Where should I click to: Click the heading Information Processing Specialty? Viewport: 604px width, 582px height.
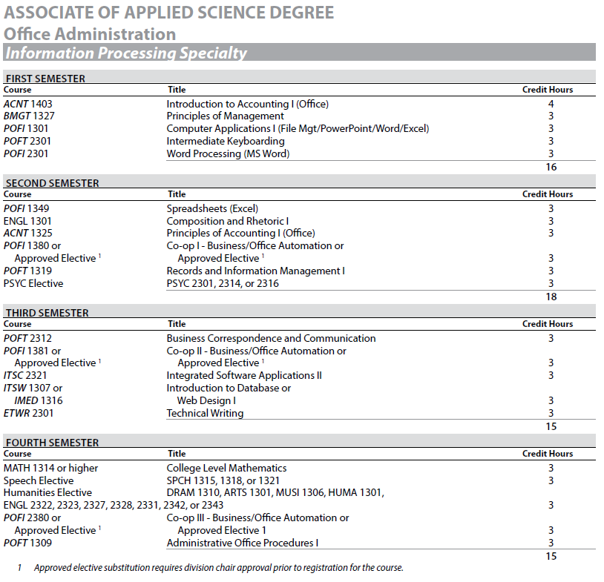(x=125, y=53)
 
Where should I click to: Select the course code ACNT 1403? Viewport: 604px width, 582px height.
(x=28, y=104)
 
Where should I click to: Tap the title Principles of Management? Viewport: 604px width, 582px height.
(x=225, y=116)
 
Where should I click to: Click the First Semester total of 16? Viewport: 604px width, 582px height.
(x=551, y=167)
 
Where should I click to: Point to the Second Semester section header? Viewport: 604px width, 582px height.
(x=52, y=182)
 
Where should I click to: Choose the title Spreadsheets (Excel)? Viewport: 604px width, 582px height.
(x=212, y=208)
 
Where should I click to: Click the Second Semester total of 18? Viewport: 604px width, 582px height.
(x=551, y=297)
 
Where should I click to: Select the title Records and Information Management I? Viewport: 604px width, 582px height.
(x=255, y=271)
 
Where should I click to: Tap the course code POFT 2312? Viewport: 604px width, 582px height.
(x=27, y=338)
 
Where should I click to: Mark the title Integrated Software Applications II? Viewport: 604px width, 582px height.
(x=244, y=375)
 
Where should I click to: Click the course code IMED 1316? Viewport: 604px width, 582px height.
(x=39, y=400)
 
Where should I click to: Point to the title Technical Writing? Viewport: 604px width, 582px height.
(x=205, y=413)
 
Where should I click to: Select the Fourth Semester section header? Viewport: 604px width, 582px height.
(x=51, y=442)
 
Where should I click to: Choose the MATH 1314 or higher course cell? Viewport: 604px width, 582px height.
(x=50, y=468)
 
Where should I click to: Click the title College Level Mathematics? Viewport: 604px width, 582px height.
(x=226, y=468)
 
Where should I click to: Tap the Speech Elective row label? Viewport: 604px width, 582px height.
(x=39, y=480)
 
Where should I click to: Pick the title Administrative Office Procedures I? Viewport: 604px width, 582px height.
(x=243, y=543)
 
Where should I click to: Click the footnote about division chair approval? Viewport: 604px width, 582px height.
(x=218, y=568)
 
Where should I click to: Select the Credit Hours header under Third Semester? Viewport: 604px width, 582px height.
(x=548, y=324)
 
